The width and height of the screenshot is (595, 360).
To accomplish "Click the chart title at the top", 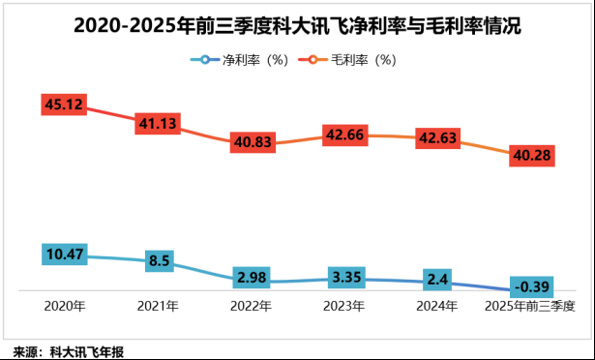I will (297, 26).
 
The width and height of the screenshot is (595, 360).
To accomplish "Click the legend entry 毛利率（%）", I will (349, 59).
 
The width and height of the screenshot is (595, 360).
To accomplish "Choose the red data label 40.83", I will (253, 142).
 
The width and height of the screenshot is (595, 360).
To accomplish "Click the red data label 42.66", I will (347, 135).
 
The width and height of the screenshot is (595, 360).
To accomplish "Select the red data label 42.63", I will (440, 137).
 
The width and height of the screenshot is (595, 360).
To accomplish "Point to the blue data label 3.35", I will (347, 279).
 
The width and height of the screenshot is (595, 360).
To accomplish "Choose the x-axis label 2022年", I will (253, 307).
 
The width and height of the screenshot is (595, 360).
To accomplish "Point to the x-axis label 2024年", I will (440, 307).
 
